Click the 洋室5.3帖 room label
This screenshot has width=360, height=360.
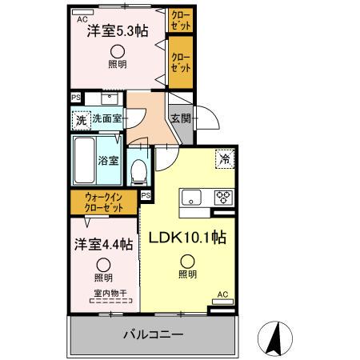pyautogui.click(x=117, y=32)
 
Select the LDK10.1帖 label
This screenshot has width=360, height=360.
pyautogui.click(x=186, y=238)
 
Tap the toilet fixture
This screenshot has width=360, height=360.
pyautogui.click(x=141, y=169)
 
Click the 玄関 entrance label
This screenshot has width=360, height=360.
pyautogui.click(x=180, y=118)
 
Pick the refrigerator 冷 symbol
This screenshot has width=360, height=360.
pyautogui.click(x=226, y=158)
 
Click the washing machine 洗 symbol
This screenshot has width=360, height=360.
pyautogui.click(x=81, y=121)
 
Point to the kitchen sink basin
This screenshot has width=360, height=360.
pyautogui.click(x=192, y=198)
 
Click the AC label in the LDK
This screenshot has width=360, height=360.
pyautogui.click(x=223, y=294)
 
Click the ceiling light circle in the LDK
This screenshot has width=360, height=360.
pyautogui.click(x=186, y=260)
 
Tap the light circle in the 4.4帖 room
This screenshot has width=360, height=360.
pyautogui.click(x=103, y=265)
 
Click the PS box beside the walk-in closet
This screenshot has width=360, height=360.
pyautogui.click(x=146, y=194)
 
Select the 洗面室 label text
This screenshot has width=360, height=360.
pyautogui.click(x=106, y=119)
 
